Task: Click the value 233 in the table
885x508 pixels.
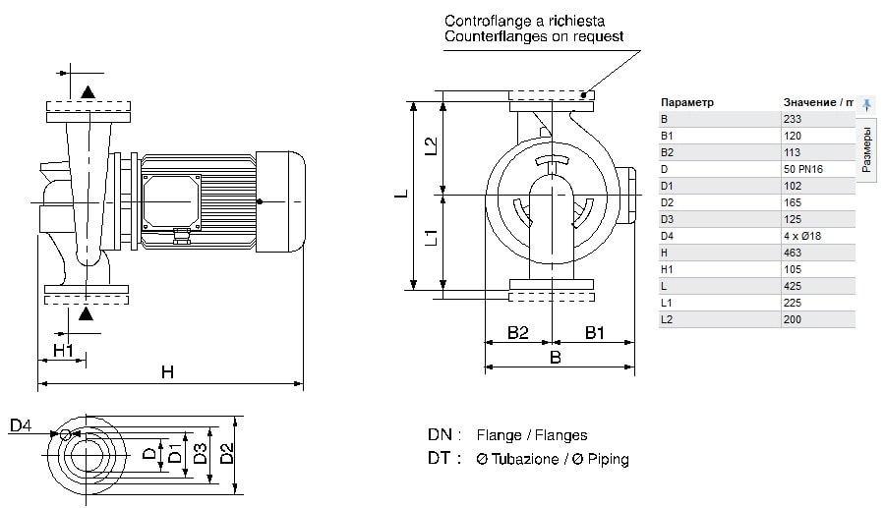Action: tap(792, 119)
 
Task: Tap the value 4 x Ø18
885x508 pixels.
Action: tap(800, 236)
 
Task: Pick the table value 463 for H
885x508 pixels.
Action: tap(792, 253)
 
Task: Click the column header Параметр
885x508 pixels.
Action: tap(687, 102)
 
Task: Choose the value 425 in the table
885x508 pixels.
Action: tap(792, 286)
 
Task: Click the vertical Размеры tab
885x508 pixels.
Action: tap(866, 149)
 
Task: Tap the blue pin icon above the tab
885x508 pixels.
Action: tap(866, 103)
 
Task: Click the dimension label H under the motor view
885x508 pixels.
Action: tap(167, 371)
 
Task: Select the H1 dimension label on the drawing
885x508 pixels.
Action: tap(63, 350)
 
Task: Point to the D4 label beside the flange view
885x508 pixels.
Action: tap(21, 425)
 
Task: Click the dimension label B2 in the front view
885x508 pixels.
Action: tap(518, 333)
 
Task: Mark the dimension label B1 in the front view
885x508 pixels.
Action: tap(595, 333)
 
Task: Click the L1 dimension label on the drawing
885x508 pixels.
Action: tap(430, 238)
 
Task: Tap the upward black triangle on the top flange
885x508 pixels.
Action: tap(88, 92)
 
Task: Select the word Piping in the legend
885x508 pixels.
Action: tap(605, 459)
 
